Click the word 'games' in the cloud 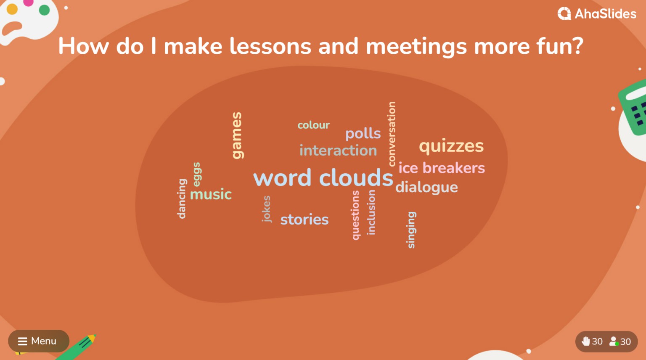click(x=237, y=135)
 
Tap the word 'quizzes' click(x=451, y=146)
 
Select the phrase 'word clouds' click(x=323, y=177)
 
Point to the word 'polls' click(x=363, y=134)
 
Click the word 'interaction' click(x=338, y=151)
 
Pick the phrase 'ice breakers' click(x=442, y=168)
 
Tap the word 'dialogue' click(x=426, y=187)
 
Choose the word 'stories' click(x=304, y=220)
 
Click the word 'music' click(x=211, y=194)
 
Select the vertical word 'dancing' click(x=182, y=199)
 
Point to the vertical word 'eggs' click(x=197, y=174)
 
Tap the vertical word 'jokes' click(x=266, y=209)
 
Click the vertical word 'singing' click(x=411, y=230)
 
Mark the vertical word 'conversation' click(x=392, y=134)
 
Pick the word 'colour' click(x=313, y=125)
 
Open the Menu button click(x=38, y=341)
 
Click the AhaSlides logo click(x=597, y=14)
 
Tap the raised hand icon click(x=585, y=341)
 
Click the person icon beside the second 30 click(x=614, y=341)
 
